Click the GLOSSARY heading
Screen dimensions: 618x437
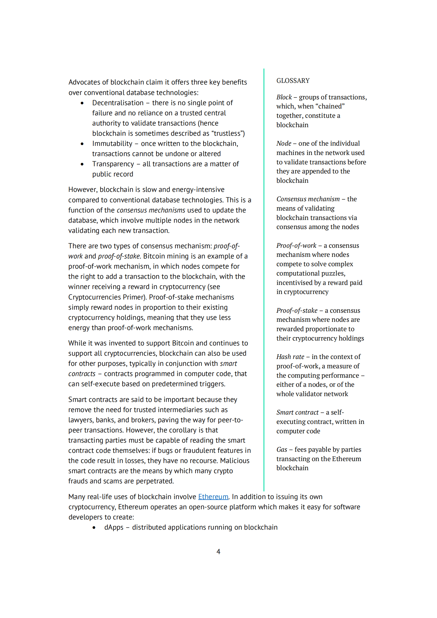click(293, 81)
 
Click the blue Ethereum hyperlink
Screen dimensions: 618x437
click(213, 497)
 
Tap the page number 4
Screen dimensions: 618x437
click(218, 551)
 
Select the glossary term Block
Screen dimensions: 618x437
click(284, 97)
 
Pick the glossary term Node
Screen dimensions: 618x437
click(284, 143)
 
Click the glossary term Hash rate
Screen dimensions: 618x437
click(290, 357)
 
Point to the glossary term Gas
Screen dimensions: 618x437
click(281, 450)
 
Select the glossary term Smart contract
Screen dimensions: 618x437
click(297, 412)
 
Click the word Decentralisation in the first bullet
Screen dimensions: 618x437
click(118, 103)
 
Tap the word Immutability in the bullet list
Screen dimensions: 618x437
click(112, 144)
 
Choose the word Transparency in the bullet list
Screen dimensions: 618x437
click(113, 164)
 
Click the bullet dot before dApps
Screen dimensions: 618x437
click(94, 528)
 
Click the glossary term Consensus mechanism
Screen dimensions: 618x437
click(308, 199)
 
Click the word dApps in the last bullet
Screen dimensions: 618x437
click(114, 527)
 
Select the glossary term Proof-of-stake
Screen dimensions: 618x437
click(297, 311)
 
